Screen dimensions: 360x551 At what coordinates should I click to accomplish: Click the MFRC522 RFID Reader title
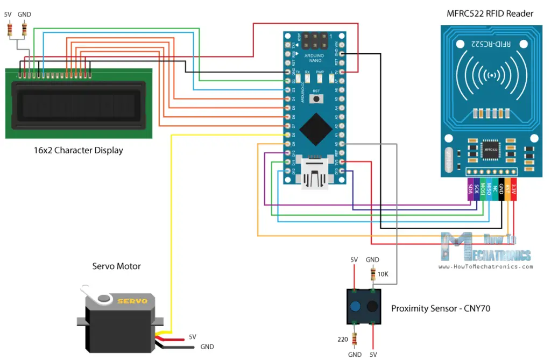pos(490,13)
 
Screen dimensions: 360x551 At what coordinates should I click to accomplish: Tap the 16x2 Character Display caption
pos(79,150)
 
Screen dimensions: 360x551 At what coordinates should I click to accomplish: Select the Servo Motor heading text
pos(117,266)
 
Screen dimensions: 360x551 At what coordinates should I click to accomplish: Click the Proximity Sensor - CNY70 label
pos(441,309)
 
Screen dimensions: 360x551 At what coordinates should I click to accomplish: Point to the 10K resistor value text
pos(383,274)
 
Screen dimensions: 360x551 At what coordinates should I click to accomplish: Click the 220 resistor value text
pos(342,340)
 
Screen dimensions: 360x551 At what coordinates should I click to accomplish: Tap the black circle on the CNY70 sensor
pos(372,307)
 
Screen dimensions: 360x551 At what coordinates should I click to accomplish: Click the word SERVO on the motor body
pos(132,301)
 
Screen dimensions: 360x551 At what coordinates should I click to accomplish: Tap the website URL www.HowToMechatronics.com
pos(486,266)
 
